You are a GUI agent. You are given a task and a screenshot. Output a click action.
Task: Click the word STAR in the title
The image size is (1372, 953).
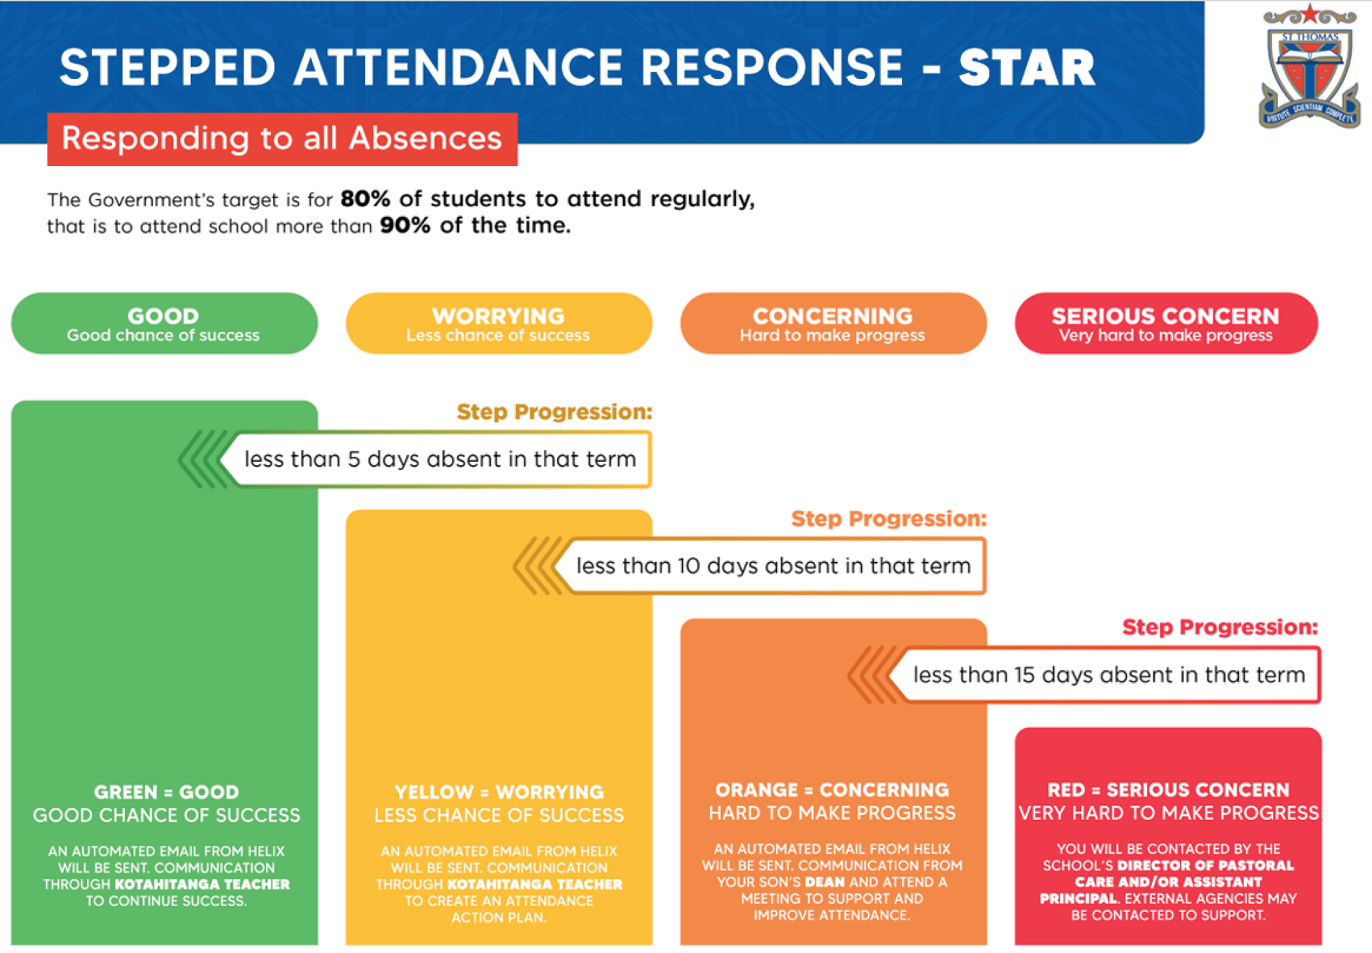(x=1027, y=68)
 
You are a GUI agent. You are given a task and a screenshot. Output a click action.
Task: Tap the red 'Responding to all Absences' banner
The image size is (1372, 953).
(x=282, y=139)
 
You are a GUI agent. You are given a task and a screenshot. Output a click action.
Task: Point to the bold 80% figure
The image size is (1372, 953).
(x=365, y=199)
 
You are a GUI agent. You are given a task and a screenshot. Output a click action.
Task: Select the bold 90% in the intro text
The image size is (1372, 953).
(x=405, y=225)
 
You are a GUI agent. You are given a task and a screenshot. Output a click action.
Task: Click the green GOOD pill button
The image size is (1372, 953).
(x=164, y=324)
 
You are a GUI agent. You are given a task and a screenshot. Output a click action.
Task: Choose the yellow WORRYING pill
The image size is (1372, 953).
(x=499, y=324)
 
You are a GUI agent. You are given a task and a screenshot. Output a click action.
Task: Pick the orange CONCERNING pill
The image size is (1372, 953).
(x=833, y=324)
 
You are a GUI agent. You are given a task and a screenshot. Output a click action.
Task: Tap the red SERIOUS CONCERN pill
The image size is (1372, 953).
(x=1166, y=324)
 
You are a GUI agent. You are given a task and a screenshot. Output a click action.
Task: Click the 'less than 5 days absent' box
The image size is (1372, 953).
(x=436, y=459)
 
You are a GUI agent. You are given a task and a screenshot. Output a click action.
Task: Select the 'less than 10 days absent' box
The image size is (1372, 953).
(x=771, y=566)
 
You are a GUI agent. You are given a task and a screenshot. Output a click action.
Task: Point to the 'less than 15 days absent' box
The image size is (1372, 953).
(x=1106, y=675)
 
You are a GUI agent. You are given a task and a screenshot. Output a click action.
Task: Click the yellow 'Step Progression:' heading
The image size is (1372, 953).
(x=554, y=412)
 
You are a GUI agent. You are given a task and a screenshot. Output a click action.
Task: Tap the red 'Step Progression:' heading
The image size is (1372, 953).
(x=1220, y=627)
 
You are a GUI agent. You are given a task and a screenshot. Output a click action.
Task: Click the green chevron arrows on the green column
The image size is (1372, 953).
(x=203, y=459)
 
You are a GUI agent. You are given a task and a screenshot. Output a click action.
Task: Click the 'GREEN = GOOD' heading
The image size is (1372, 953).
(x=167, y=792)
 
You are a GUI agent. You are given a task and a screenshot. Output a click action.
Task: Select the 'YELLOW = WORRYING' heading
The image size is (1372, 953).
(x=499, y=792)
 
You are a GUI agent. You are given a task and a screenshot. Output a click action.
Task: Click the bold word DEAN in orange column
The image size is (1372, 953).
(x=825, y=882)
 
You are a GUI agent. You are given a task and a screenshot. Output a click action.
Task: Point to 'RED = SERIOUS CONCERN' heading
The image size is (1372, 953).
(x=1168, y=790)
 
